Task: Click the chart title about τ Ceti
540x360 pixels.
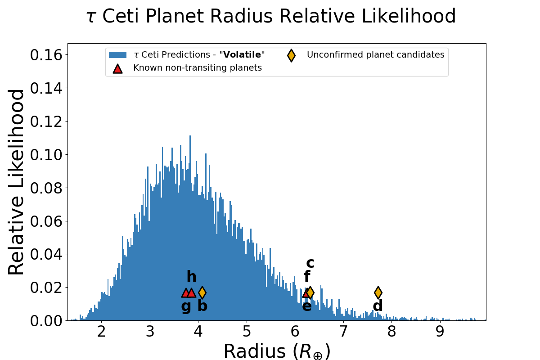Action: (x=271, y=17)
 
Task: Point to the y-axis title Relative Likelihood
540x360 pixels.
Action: (x=17, y=182)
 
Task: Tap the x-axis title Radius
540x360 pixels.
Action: (x=277, y=351)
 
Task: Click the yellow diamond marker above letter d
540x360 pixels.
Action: (x=378, y=292)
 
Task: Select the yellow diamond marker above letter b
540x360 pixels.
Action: (x=202, y=292)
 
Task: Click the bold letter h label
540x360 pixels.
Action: (x=191, y=277)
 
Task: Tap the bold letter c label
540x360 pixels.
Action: (x=310, y=263)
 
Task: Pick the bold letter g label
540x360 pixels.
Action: (x=186, y=306)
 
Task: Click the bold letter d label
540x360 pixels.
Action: (x=378, y=306)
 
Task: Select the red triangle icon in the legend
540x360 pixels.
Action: (x=117, y=68)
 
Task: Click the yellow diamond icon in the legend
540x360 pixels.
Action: (x=291, y=55)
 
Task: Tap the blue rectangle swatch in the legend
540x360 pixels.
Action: (x=117, y=55)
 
